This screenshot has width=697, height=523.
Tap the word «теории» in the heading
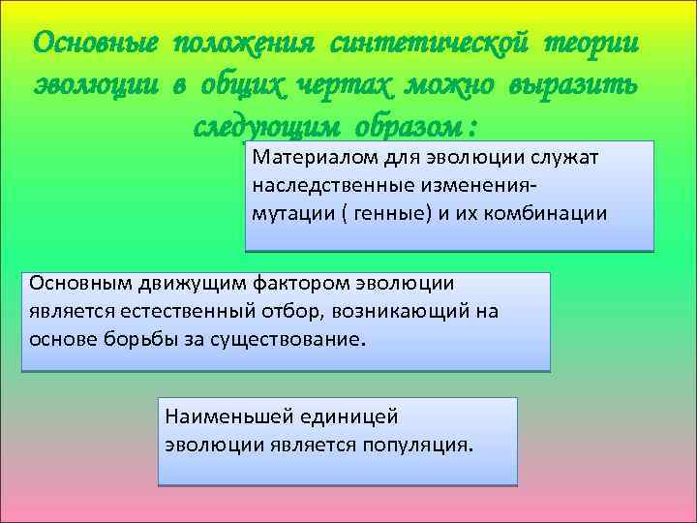click(x=591, y=45)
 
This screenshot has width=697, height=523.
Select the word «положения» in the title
click(x=247, y=45)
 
